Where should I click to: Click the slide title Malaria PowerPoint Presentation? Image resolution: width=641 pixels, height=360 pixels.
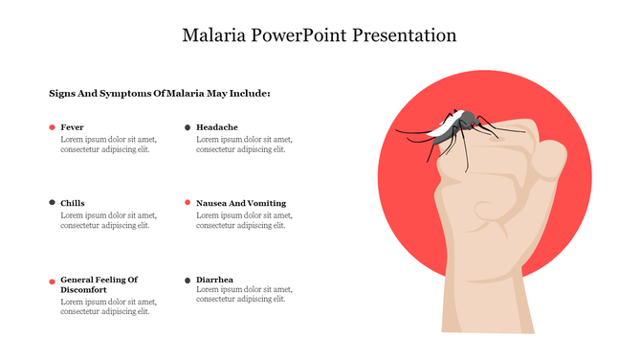320,36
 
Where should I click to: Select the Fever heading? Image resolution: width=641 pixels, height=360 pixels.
72,127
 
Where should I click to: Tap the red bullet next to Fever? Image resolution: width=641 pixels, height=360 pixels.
52,127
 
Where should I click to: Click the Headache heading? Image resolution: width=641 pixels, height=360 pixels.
217,127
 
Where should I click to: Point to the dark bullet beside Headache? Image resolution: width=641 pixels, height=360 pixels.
188,127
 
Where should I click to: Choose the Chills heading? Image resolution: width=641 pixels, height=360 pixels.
73,203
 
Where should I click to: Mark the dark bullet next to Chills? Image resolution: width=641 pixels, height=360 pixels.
52,203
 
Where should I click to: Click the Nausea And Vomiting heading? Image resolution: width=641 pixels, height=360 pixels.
241,203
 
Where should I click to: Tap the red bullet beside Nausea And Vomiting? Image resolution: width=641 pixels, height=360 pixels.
188,203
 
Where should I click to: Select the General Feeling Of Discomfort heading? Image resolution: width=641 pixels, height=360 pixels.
99,284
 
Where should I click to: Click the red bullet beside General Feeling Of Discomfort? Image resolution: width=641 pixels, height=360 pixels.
52,281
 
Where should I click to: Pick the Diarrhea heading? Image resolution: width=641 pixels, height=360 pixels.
215,280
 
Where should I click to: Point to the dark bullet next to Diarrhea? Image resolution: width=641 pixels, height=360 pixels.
188,280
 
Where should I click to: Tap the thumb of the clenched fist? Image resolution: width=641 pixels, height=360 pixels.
546,158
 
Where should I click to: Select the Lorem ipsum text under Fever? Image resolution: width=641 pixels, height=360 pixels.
108,144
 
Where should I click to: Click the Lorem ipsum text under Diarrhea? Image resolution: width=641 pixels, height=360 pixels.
244,294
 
